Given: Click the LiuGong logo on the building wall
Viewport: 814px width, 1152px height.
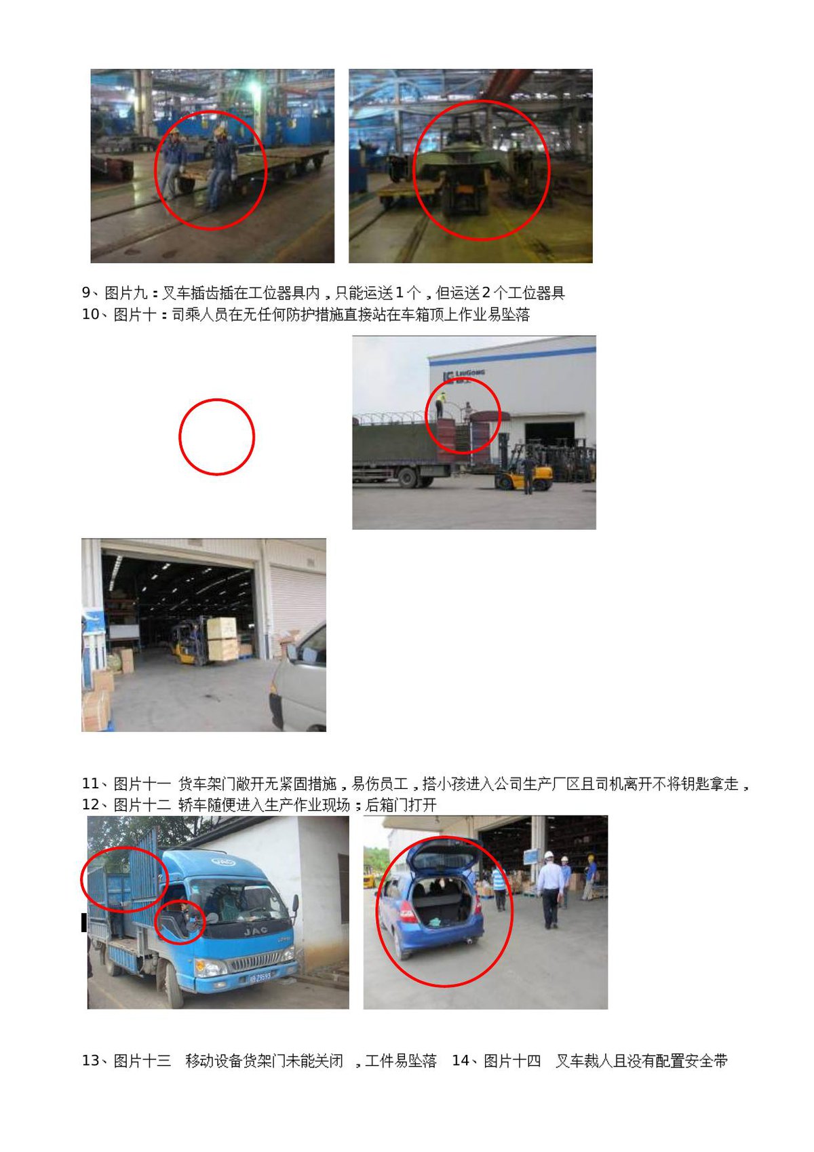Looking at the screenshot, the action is [463, 375].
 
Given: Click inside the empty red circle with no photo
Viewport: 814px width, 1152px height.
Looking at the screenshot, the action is [216, 436].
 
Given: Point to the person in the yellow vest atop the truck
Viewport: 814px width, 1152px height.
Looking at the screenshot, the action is [441, 404].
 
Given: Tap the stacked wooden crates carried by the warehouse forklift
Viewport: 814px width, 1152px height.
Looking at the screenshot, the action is [222, 639].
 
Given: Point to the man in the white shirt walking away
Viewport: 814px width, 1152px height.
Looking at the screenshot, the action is [549, 889].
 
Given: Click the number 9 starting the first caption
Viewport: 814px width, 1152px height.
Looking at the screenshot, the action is [86, 292].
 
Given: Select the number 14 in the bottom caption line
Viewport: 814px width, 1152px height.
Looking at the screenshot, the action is [460, 1060].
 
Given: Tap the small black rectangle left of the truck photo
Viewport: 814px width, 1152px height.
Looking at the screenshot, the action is [84, 922].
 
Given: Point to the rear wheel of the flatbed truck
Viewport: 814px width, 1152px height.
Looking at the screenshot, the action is [408, 477].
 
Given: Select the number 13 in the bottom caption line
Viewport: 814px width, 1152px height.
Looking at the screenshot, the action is [90, 1060].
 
